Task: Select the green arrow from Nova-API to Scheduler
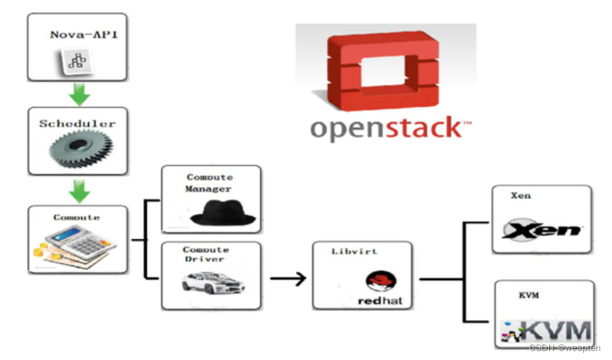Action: click(79, 94)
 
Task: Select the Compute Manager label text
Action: click(209, 183)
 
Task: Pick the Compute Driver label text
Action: click(209, 255)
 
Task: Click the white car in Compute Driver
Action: click(214, 284)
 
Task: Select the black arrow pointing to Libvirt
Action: click(288, 279)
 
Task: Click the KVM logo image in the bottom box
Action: click(547, 331)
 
